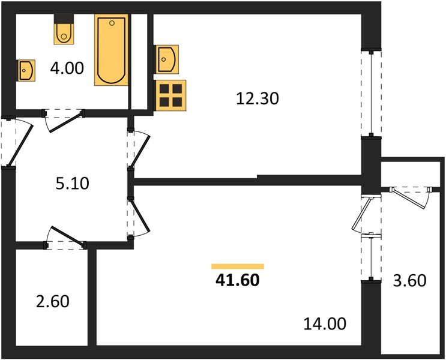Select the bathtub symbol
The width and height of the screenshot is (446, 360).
coord(112,50)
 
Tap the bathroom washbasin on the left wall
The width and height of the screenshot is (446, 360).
coord(26,70)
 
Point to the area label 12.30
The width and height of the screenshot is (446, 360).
coord(258,98)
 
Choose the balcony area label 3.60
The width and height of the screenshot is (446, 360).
coord(411,280)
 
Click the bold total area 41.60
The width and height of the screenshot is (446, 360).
coord(238,280)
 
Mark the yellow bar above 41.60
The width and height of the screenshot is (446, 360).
coord(238,266)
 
